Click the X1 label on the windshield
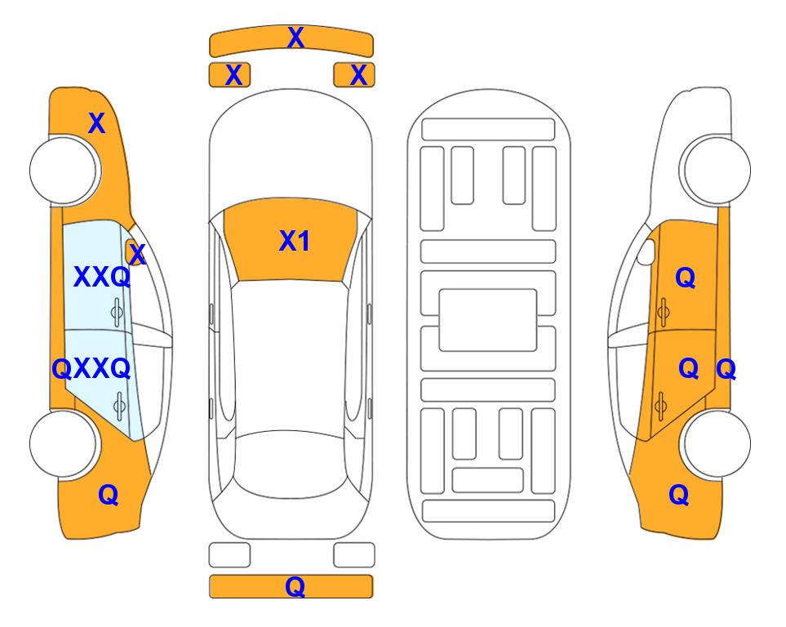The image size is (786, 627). click(x=295, y=241)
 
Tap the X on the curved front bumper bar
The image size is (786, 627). click(x=295, y=38)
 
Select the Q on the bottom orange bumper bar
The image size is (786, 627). click(x=295, y=586)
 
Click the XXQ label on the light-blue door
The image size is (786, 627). click(x=102, y=277)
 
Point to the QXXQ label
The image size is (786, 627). click(x=91, y=369)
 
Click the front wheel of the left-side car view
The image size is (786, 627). click(x=64, y=171)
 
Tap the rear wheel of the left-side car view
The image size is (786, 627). click(x=64, y=443)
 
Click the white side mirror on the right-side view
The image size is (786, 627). click(x=646, y=251)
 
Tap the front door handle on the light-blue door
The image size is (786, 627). click(x=117, y=313)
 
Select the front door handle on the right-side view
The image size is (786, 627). click(x=664, y=312)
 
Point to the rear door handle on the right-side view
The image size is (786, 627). click(x=660, y=405)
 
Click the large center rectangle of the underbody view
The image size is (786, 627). click(x=488, y=320)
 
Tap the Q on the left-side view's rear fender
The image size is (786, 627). click(x=109, y=495)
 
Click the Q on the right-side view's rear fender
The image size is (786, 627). click(x=679, y=495)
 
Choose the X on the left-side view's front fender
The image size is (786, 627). click(x=97, y=123)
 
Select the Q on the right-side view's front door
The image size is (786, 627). click(x=686, y=278)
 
